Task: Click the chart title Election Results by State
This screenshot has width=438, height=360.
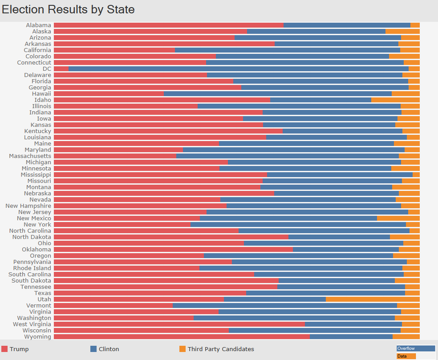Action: [68, 9]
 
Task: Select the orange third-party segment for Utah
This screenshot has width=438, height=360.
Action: [373, 299]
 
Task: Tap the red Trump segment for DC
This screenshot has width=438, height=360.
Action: [61, 69]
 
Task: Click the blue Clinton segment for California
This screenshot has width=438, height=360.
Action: [288, 50]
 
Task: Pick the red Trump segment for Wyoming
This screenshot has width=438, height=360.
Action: [182, 337]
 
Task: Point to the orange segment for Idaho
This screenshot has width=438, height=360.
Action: [395, 100]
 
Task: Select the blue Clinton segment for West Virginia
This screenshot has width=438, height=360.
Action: [353, 324]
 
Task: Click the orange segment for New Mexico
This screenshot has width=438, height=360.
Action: [398, 218]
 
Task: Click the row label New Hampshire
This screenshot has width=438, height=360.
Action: [28, 206]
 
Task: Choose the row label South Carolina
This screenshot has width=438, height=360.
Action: [30, 275]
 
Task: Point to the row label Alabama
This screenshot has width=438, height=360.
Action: [38, 25]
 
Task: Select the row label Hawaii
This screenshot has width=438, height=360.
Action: [41, 94]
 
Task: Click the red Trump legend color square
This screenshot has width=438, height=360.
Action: [5, 349]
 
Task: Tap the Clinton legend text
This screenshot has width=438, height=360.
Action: [109, 349]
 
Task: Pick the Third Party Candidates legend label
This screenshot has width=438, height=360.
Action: [221, 349]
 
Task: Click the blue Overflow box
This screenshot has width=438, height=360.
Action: [415, 348]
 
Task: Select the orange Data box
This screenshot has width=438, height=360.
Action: [406, 356]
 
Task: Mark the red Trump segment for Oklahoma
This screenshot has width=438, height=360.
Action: [173, 250]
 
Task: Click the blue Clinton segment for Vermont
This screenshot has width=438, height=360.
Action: [285, 306]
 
